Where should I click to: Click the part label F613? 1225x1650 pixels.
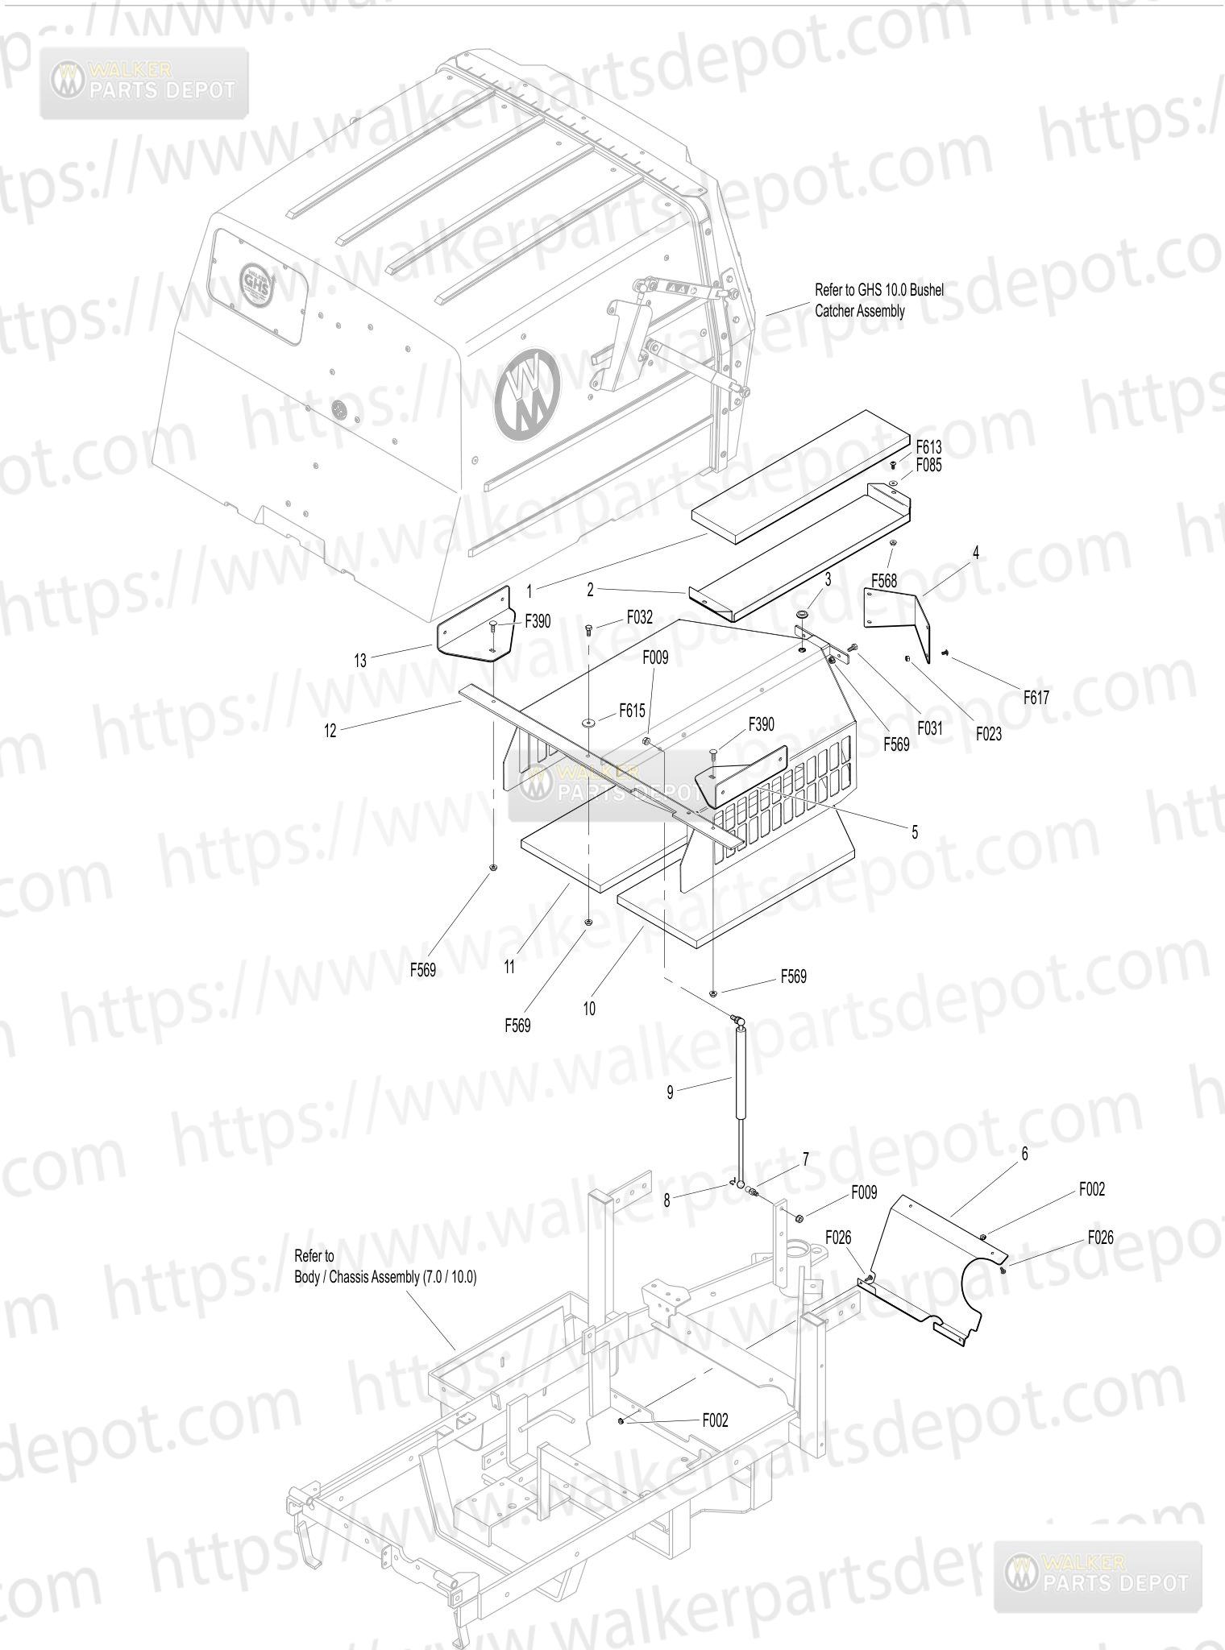click(928, 446)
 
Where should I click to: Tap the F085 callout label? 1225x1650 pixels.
click(928, 465)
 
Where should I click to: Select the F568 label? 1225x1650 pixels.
click(884, 580)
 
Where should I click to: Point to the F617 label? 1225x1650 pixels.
click(1036, 698)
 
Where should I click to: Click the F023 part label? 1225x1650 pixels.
click(989, 733)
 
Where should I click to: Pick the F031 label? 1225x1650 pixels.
click(928, 728)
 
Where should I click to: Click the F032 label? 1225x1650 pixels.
click(640, 618)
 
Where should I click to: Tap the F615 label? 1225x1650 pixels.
click(632, 711)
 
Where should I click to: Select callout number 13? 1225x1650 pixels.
click(360, 661)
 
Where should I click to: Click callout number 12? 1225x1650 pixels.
click(330, 731)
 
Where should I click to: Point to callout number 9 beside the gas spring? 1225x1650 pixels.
click(670, 1092)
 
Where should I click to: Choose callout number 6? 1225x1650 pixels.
click(1024, 1154)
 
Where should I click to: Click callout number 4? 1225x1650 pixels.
click(976, 553)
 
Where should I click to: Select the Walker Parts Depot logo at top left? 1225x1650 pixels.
click(145, 82)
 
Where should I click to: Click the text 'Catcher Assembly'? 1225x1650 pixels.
click(860, 311)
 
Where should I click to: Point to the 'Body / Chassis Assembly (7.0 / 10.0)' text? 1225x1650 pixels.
click(386, 1276)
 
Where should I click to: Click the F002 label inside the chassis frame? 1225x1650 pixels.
click(715, 1420)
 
